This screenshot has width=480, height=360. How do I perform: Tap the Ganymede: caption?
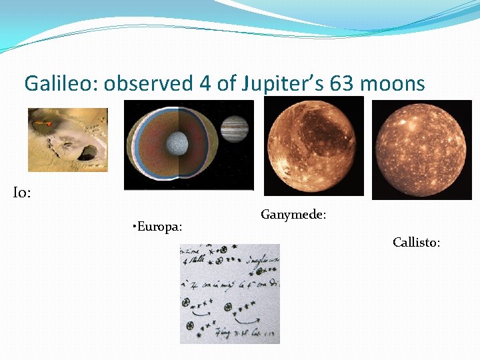click(293, 215)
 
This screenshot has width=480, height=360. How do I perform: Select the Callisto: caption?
click(416, 243)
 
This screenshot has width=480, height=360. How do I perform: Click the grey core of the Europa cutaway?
click(177, 142)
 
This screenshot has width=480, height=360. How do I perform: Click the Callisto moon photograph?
click(421, 149)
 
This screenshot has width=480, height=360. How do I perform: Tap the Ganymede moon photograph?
click(314, 147)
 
